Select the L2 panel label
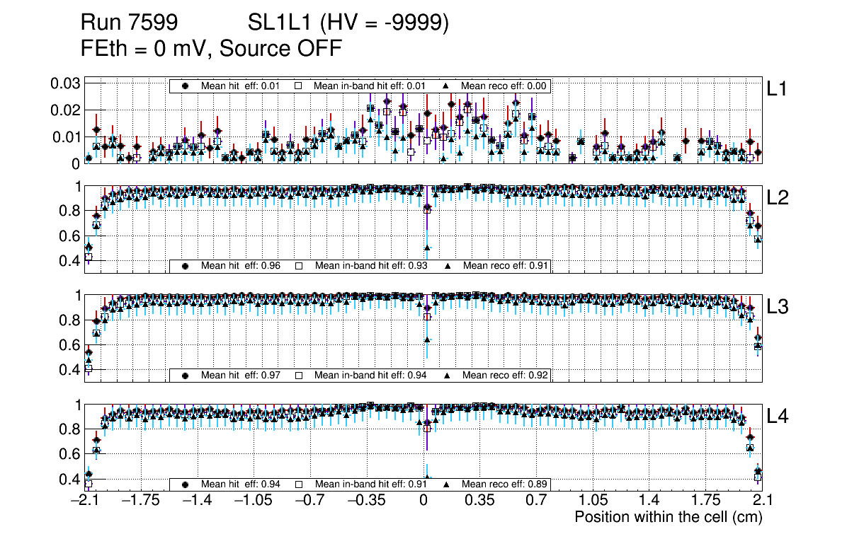(x=777, y=198)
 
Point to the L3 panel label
(x=777, y=308)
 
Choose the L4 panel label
(x=777, y=417)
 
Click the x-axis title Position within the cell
(x=668, y=517)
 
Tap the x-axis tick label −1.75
(x=140, y=501)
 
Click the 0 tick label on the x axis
(x=423, y=501)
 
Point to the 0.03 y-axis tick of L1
(x=64, y=83)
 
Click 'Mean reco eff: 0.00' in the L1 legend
(x=503, y=86)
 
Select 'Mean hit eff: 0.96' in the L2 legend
(x=241, y=266)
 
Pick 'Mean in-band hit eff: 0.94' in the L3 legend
(x=370, y=375)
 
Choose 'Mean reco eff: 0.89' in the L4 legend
(x=503, y=484)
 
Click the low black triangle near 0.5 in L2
(x=427, y=248)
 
